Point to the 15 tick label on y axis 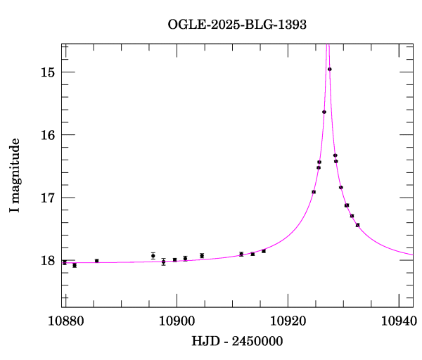pos(49,72)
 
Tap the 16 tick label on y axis pos(49,135)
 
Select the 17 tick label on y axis pos(49,198)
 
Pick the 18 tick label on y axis pos(49,260)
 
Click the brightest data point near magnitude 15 pos(330,69)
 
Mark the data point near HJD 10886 pos(97,261)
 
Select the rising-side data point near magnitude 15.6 pos(324,112)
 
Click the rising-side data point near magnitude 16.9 pos(314,192)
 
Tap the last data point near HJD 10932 pos(358,225)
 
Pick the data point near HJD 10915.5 pos(264,251)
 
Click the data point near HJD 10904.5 pos(202,255)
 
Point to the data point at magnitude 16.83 pos(341,187)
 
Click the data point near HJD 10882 pos(75,265)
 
